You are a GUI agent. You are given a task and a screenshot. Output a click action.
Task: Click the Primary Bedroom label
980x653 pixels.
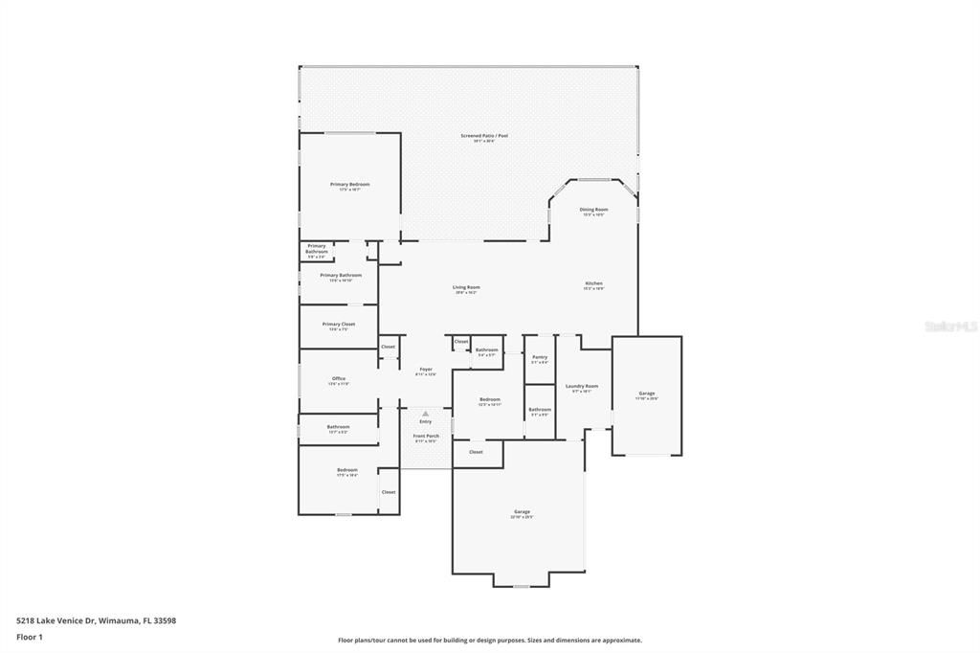(349, 184)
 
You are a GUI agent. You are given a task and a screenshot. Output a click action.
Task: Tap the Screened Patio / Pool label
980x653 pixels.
(484, 136)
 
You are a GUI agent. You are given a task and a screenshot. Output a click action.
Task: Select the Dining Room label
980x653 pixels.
(593, 209)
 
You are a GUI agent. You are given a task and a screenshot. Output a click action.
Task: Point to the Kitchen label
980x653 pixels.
(593, 283)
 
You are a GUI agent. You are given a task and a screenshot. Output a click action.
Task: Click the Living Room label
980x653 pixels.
(466, 287)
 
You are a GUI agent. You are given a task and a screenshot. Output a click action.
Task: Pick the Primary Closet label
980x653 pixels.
(339, 324)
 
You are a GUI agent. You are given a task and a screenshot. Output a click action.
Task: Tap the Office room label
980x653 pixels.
(339, 378)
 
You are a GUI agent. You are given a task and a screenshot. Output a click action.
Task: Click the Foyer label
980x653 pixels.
(425, 369)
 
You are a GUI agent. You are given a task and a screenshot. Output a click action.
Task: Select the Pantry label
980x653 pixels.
(540, 356)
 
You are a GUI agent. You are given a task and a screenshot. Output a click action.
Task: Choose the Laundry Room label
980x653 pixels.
(582, 386)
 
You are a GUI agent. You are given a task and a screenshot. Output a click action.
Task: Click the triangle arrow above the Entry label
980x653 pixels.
(425, 414)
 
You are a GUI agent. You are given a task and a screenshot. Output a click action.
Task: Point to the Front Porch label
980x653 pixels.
(425, 436)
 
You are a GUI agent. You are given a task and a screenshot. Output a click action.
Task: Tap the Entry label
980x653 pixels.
(425, 421)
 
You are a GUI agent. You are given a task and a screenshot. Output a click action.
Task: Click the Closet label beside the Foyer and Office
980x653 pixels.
(388, 347)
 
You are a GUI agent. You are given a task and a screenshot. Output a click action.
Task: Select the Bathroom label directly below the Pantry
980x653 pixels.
(540, 409)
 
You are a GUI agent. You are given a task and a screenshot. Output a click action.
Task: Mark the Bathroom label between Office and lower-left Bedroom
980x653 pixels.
(338, 427)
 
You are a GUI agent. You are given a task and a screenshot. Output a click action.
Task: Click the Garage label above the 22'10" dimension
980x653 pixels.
(522, 511)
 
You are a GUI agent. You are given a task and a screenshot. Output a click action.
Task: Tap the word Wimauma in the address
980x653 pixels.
(120, 620)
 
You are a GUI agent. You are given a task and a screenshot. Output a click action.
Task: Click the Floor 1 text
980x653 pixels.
(30, 637)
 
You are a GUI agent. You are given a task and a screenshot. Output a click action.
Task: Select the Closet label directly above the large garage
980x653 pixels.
(476, 452)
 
